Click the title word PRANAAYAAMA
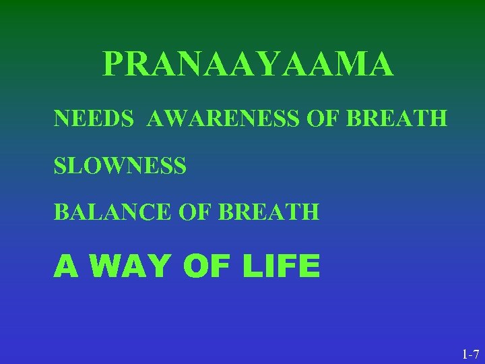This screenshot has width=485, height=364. click(x=248, y=65)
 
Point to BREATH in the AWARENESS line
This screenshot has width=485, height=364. click(x=397, y=119)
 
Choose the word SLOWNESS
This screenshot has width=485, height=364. click(x=120, y=165)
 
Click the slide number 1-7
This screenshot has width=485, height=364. click(x=470, y=353)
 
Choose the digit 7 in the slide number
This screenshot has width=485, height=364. click(x=476, y=353)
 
